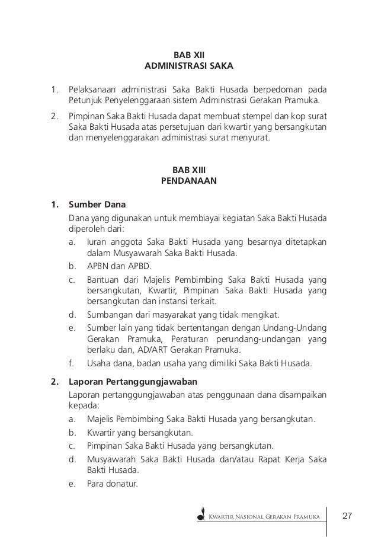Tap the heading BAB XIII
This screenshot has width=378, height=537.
click(x=189, y=170)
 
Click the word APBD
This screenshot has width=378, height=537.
click(x=137, y=266)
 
